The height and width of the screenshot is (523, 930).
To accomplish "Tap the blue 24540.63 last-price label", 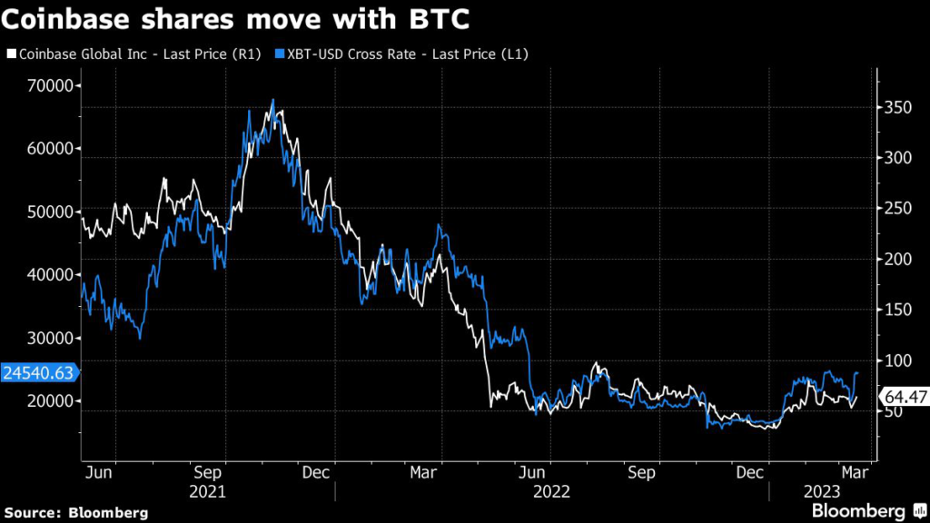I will [x=40, y=371].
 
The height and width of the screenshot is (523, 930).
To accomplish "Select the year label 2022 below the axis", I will [x=552, y=491].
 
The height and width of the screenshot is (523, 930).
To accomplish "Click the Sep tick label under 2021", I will [x=209, y=472].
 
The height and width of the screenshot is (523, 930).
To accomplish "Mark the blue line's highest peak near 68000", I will [x=272, y=100].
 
